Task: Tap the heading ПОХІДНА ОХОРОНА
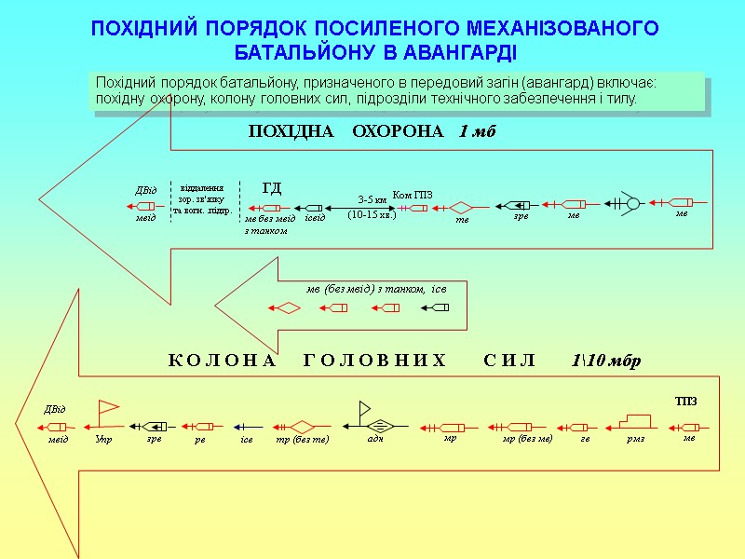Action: tap(346, 131)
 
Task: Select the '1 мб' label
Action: tap(478, 131)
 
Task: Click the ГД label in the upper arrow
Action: tap(272, 188)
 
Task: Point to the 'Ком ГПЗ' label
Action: tap(413, 194)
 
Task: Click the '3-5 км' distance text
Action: tap(372, 199)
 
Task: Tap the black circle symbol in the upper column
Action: tap(632, 203)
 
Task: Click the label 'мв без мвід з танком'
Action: tap(265, 224)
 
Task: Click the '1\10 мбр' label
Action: tap(605, 361)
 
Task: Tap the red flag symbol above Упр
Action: tap(108, 407)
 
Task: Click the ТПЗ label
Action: tap(686, 401)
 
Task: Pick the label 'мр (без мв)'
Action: tap(527, 438)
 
